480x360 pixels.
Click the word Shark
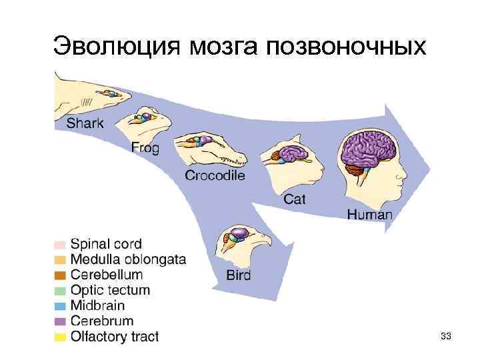click(85, 123)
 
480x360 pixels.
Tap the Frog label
click(145, 148)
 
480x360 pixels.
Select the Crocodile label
click(215, 176)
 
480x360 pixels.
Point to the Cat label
click(295, 199)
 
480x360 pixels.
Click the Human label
click(370, 215)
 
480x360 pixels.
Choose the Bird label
click(238, 275)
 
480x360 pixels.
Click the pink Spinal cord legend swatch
click(60, 245)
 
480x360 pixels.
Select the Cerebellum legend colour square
click(60, 275)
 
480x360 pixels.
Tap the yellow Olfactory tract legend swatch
click(60, 337)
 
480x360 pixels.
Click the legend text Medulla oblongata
click(129, 259)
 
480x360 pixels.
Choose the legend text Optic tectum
click(110, 290)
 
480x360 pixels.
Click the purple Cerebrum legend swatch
click(60, 321)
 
